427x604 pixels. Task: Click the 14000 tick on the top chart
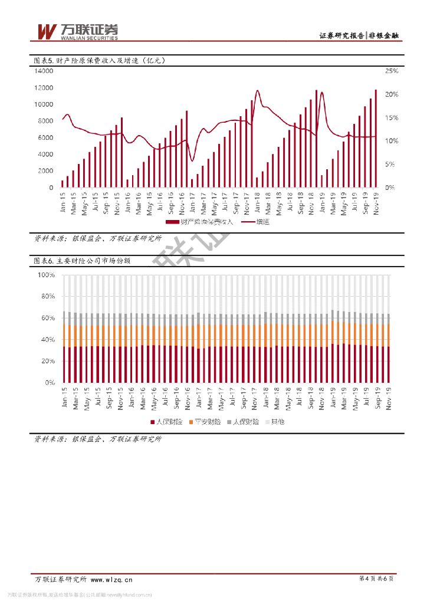click(44, 71)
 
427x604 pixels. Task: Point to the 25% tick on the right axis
click(392, 71)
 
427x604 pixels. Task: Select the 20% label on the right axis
click(392, 94)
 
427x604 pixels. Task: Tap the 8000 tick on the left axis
click(46, 122)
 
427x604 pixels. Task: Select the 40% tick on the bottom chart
click(48, 340)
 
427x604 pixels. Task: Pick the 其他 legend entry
click(274, 422)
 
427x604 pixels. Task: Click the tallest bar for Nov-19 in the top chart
click(376, 139)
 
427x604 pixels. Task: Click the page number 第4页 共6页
click(376, 579)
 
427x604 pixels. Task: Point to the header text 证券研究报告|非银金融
click(359, 36)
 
